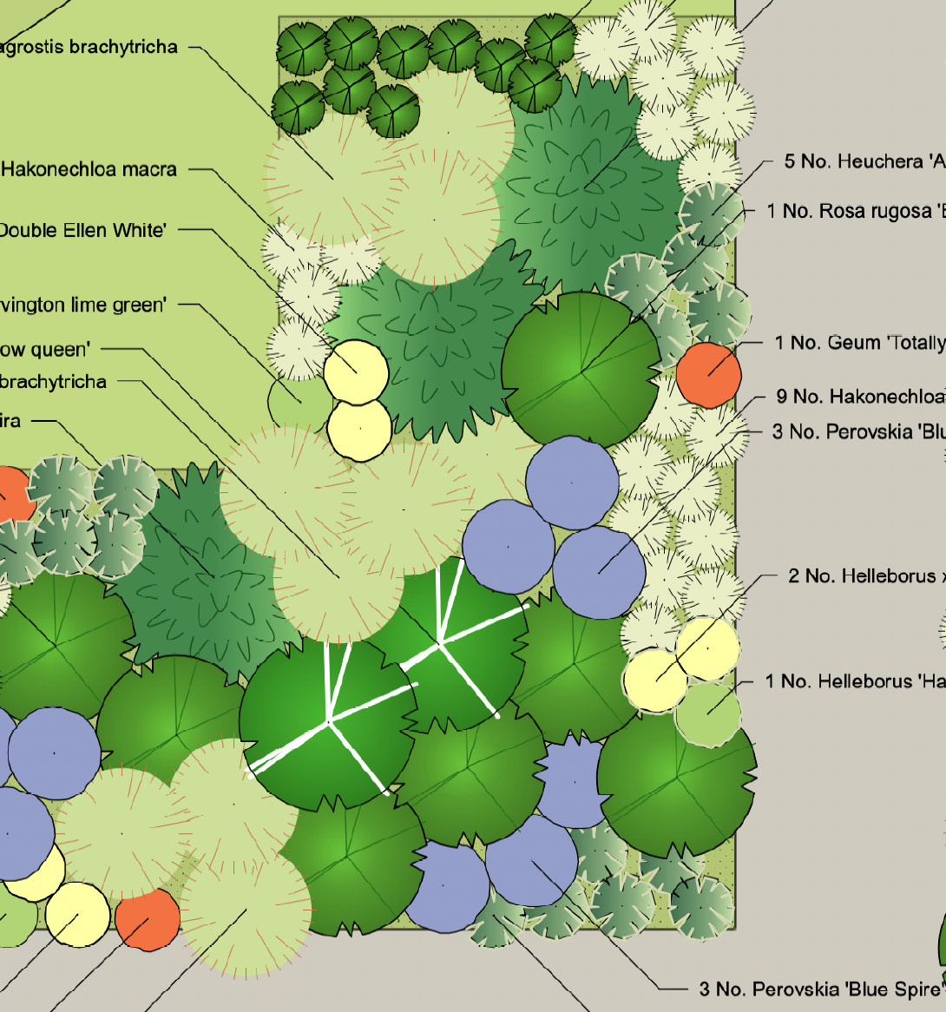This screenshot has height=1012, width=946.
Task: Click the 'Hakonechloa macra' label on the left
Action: pyautogui.click(x=89, y=169)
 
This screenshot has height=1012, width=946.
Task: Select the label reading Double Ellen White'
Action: pyautogui.click(x=82, y=230)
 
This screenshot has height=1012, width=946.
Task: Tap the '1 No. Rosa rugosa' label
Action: pyautogui.click(x=856, y=211)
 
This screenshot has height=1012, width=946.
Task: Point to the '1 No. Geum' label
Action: pyautogui.click(x=859, y=343)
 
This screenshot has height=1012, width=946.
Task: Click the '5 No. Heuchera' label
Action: pyautogui.click(x=864, y=161)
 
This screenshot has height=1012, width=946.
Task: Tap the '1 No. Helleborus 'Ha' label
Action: pyautogui.click(x=855, y=681)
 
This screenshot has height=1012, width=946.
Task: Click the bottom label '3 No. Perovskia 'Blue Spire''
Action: pyautogui.click(x=820, y=989)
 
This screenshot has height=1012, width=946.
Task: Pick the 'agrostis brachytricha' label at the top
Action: pyautogui.click(x=89, y=47)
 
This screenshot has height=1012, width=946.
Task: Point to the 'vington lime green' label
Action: pyautogui.click(x=82, y=305)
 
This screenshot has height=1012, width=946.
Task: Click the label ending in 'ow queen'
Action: pyautogui.click(x=44, y=350)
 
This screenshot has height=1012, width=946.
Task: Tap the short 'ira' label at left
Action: pyautogui.click(x=10, y=421)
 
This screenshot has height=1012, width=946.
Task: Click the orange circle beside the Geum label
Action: pyautogui.click(x=708, y=374)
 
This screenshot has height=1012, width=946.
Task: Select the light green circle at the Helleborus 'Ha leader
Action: pyautogui.click(x=708, y=713)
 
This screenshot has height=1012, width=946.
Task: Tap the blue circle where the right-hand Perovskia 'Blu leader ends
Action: pyautogui.click(x=599, y=572)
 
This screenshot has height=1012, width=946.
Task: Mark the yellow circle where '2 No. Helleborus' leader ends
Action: pyautogui.click(x=657, y=680)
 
